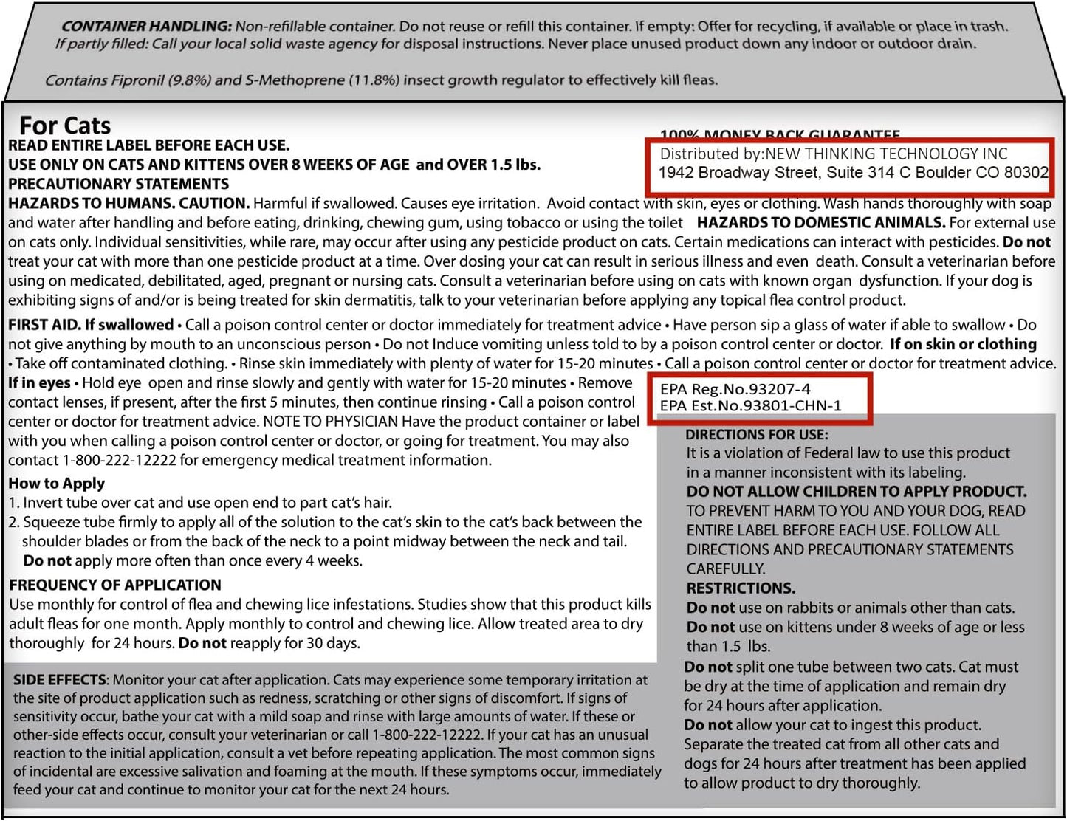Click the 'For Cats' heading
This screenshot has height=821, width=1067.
[x=65, y=125]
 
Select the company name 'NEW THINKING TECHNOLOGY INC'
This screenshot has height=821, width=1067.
[x=886, y=154]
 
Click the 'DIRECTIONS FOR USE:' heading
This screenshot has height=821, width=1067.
[x=757, y=435]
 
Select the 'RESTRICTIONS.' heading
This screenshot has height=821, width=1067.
[x=741, y=588]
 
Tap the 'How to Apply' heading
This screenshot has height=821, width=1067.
[x=57, y=484]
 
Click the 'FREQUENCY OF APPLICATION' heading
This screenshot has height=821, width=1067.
[x=115, y=585]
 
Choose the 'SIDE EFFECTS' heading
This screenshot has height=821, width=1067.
[x=60, y=680]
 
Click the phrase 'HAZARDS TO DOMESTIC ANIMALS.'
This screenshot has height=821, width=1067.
[x=820, y=222]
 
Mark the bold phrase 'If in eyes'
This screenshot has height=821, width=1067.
[x=39, y=382]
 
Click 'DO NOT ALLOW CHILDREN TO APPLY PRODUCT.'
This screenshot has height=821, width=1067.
[x=857, y=492]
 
